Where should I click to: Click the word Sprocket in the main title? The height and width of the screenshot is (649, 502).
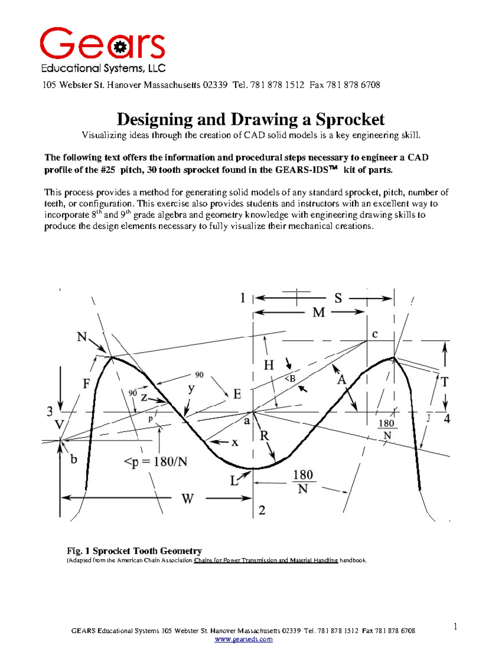pos(350,120)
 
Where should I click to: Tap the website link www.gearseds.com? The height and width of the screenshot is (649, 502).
pos(243,639)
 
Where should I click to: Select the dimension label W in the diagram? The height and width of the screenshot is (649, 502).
pos(187,499)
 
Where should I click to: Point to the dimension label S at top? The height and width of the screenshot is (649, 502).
pos(338,298)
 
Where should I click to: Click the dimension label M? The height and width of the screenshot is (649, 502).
pos(319,313)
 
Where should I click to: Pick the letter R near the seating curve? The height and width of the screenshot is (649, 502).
pos(264,436)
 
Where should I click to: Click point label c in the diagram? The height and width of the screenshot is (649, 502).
pos(375,334)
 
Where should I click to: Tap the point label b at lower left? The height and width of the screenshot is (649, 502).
pos(74,460)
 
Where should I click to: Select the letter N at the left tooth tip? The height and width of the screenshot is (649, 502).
pos(82,336)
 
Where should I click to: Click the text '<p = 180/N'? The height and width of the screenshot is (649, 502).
pos(155,462)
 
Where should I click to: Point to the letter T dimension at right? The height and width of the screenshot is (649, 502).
pos(445,382)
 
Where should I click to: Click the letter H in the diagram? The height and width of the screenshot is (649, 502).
pos(269,365)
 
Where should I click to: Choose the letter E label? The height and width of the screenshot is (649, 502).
pos(237,394)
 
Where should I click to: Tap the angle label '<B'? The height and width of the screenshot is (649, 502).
pos(290,379)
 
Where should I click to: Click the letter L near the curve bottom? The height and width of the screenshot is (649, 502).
pos(234,481)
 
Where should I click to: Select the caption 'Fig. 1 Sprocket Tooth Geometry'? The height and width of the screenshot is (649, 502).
pos(134,551)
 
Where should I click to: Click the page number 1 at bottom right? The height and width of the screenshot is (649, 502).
pos(456,626)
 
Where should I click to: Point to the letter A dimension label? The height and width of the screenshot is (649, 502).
pos(342,380)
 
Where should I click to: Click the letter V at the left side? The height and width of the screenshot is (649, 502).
pos(59,425)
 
